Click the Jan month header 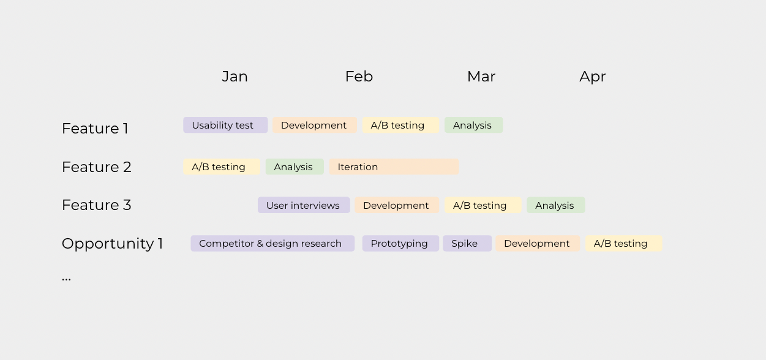pyautogui.click(x=235, y=77)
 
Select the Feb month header pyautogui.click(x=359, y=77)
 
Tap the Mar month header pyautogui.click(x=481, y=77)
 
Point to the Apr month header pyautogui.click(x=592, y=77)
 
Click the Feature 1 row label pyautogui.click(x=95, y=129)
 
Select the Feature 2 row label pyautogui.click(x=96, y=167)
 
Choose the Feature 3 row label pyautogui.click(x=96, y=205)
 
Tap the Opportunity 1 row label pyautogui.click(x=112, y=244)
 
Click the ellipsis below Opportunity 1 pyautogui.click(x=66, y=278)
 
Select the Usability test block pyautogui.click(x=225, y=126)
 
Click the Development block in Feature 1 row pyautogui.click(x=314, y=126)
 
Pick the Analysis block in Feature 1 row pyautogui.click(x=473, y=126)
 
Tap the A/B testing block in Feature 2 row pyautogui.click(x=222, y=167)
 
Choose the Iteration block pyautogui.click(x=394, y=167)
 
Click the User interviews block pyautogui.click(x=303, y=205)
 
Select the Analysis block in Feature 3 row pyautogui.click(x=555, y=205)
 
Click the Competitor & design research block pyautogui.click(x=272, y=244)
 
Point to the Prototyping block pyautogui.click(x=400, y=244)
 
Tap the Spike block pyautogui.click(x=467, y=244)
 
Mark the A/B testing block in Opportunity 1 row pyautogui.click(x=623, y=244)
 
